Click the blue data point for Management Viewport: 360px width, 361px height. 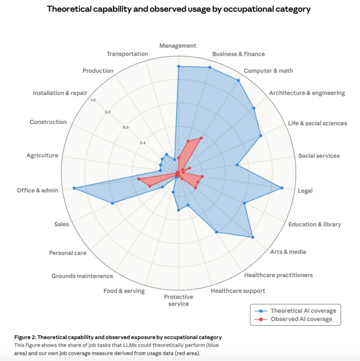[x=179, y=66]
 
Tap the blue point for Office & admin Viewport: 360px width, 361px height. [x=74, y=188]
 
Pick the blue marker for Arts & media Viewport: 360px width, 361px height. [x=253, y=237]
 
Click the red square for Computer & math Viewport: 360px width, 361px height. [x=201, y=138]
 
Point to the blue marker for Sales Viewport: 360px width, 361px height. [x=113, y=204]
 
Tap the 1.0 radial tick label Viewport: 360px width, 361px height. [x=93, y=100]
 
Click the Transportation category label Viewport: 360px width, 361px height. [x=127, y=54]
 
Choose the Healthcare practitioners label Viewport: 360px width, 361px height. [x=279, y=275]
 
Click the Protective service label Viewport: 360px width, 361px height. [x=179, y=300]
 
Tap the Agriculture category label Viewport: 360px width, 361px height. [x=42, y=156]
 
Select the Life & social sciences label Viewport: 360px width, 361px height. [x=317, y=123]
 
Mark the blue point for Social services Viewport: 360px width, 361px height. [x=237, y=165]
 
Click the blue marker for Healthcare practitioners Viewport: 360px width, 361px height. [x=216, y=232]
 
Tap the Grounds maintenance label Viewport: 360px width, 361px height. [x=82, y=276]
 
